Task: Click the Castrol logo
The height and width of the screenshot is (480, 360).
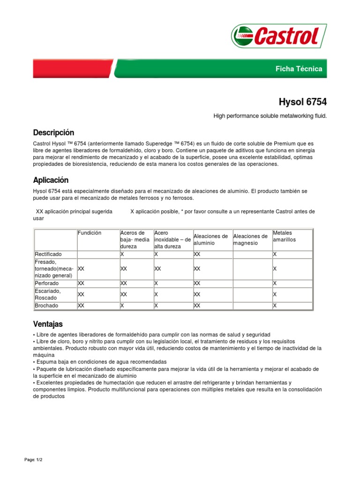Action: tap(276, 36)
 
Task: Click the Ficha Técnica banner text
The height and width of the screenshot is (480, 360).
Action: tap(299, 69)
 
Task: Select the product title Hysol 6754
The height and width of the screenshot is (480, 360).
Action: tap(303, 102)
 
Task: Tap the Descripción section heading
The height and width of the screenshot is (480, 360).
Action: tap(53, 133)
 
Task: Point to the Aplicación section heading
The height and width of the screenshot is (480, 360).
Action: tap(51, 180)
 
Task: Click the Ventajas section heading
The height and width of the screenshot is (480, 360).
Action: tap(48, 324)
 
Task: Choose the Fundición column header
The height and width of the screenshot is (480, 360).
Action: tap(90, 233)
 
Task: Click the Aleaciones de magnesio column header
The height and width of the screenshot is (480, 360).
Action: tap(250, 240)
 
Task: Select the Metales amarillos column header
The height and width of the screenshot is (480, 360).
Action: tap(284, 236)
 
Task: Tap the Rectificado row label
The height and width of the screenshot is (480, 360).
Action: tap(48, 254)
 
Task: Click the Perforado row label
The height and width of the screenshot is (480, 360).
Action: tap(47, 284)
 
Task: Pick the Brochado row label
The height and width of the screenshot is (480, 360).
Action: tap(47, 306)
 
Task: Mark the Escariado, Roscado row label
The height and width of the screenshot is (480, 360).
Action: tap(48, 294)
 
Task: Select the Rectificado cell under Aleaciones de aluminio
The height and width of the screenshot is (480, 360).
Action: tap(197, 254)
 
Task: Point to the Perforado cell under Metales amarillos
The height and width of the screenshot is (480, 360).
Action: tap(275, 284)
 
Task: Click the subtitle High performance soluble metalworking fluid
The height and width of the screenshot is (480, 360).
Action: tap(270, 115)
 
